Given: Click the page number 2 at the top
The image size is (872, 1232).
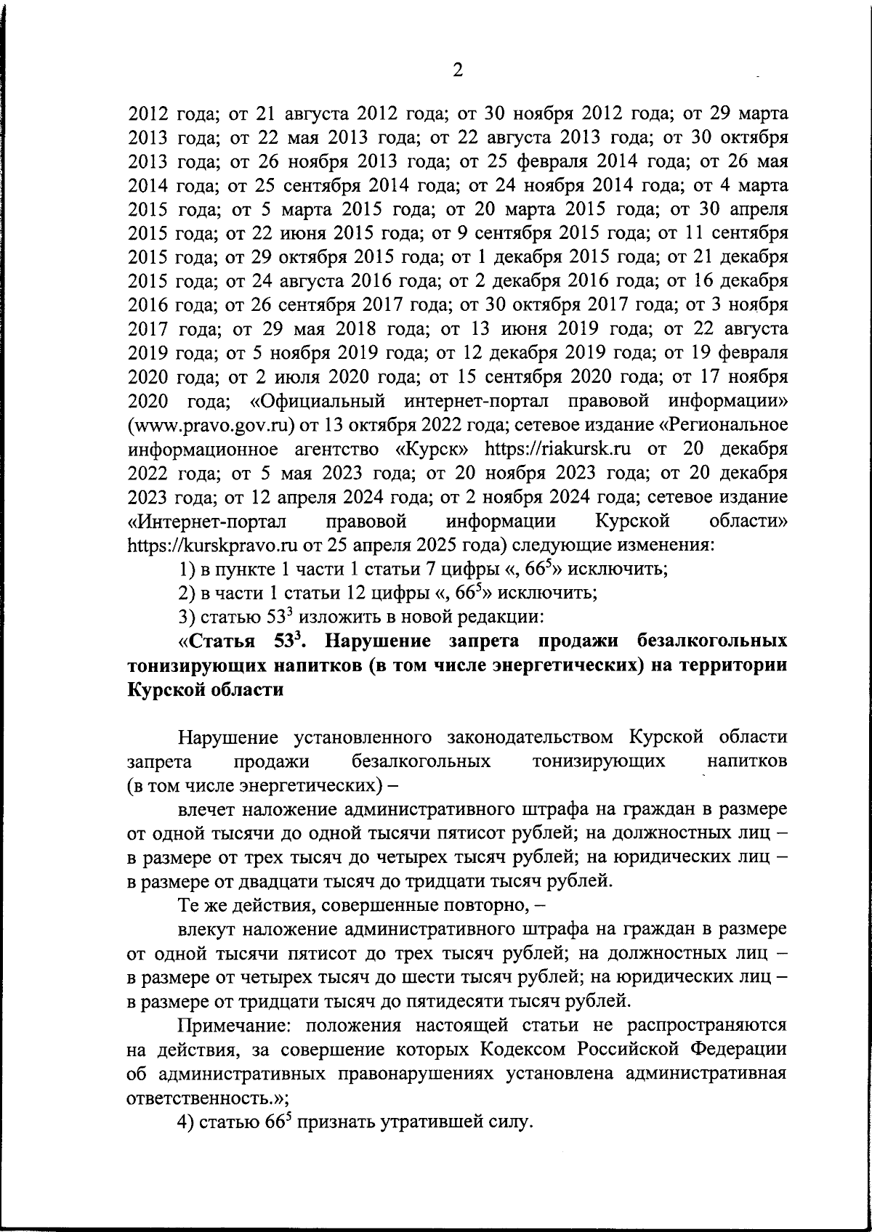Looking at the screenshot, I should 458,70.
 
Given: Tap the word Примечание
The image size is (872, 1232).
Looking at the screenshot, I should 237,1025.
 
